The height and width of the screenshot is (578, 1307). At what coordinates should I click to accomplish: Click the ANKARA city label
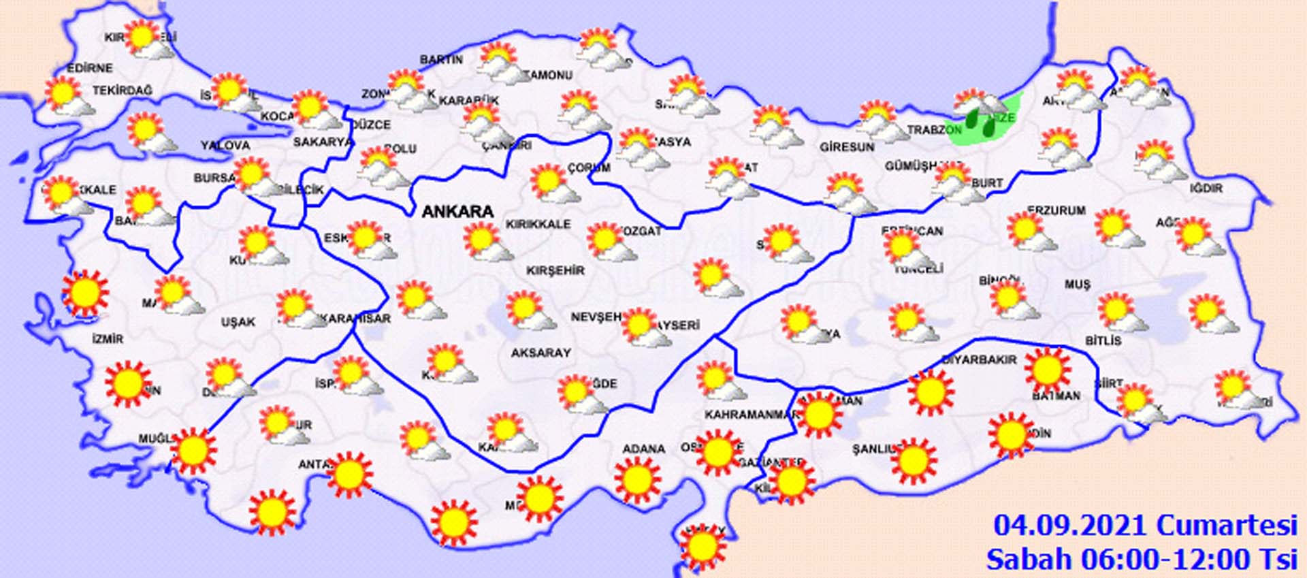click(457, 212)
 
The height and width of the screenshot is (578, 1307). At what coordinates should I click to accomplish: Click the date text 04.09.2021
click(1071, 526)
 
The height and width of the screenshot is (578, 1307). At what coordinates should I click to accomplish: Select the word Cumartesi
click(1227, 526)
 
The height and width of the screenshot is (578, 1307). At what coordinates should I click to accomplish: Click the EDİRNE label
click(90, 68)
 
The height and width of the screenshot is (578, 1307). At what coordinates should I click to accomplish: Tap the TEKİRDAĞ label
click(123, 90)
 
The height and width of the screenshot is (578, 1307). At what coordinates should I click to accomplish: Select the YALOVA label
click(225, 145)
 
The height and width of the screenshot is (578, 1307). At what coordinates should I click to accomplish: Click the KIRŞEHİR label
click(555, 270)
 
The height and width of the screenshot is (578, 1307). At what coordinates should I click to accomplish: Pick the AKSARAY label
click(541, 353)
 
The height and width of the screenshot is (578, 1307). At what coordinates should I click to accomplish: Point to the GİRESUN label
click(847, 146)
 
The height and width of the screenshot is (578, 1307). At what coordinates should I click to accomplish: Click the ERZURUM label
click(1056, 210)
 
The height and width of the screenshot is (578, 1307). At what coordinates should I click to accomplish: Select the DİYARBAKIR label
click(979, 359)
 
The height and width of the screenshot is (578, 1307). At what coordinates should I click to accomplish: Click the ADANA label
click(644, 449)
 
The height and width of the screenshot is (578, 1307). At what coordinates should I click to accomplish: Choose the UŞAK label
click(238, 321)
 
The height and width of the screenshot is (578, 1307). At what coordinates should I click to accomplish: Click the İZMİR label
click(108, 338)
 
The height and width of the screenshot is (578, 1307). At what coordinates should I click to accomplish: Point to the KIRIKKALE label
click(538, 224)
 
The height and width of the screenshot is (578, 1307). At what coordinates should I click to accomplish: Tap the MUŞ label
click(1078, 285)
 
